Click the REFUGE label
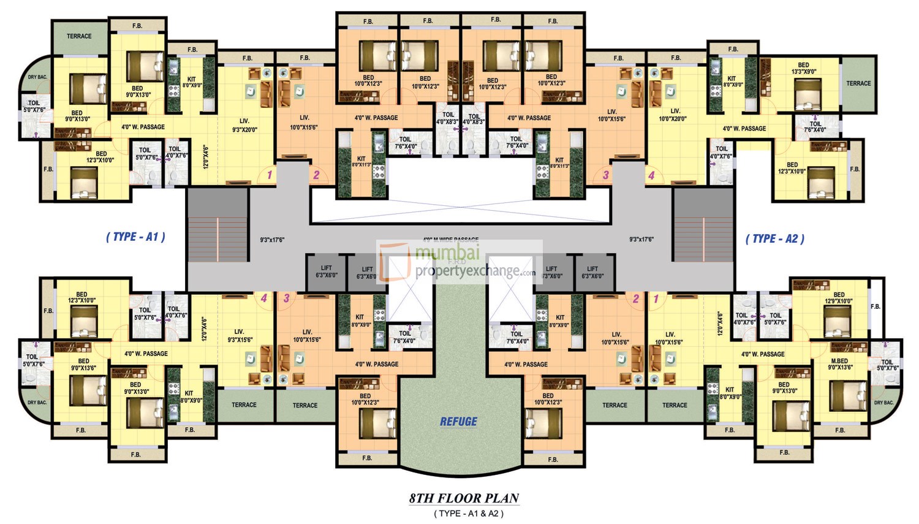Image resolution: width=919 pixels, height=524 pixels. click(x=458, y=422)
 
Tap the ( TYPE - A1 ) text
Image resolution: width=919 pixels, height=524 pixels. click(x=135, y=237)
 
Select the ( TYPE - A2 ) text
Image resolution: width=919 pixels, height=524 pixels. click(x=775, y=239)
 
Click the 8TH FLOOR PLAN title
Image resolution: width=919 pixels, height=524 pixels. click(x=464, y=498)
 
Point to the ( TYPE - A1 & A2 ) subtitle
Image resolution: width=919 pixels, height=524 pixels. click(x=469, y=514)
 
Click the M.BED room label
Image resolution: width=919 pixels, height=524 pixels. click(x=839, y=361)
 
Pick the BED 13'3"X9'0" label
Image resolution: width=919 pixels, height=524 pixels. click(x=803, y=68)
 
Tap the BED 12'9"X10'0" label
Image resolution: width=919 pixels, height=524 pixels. click(x=839, y=298)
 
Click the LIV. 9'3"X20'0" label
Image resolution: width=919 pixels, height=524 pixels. click(x=244, y=125)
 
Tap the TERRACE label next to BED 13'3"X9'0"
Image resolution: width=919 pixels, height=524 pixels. click(x=858, y=83)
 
